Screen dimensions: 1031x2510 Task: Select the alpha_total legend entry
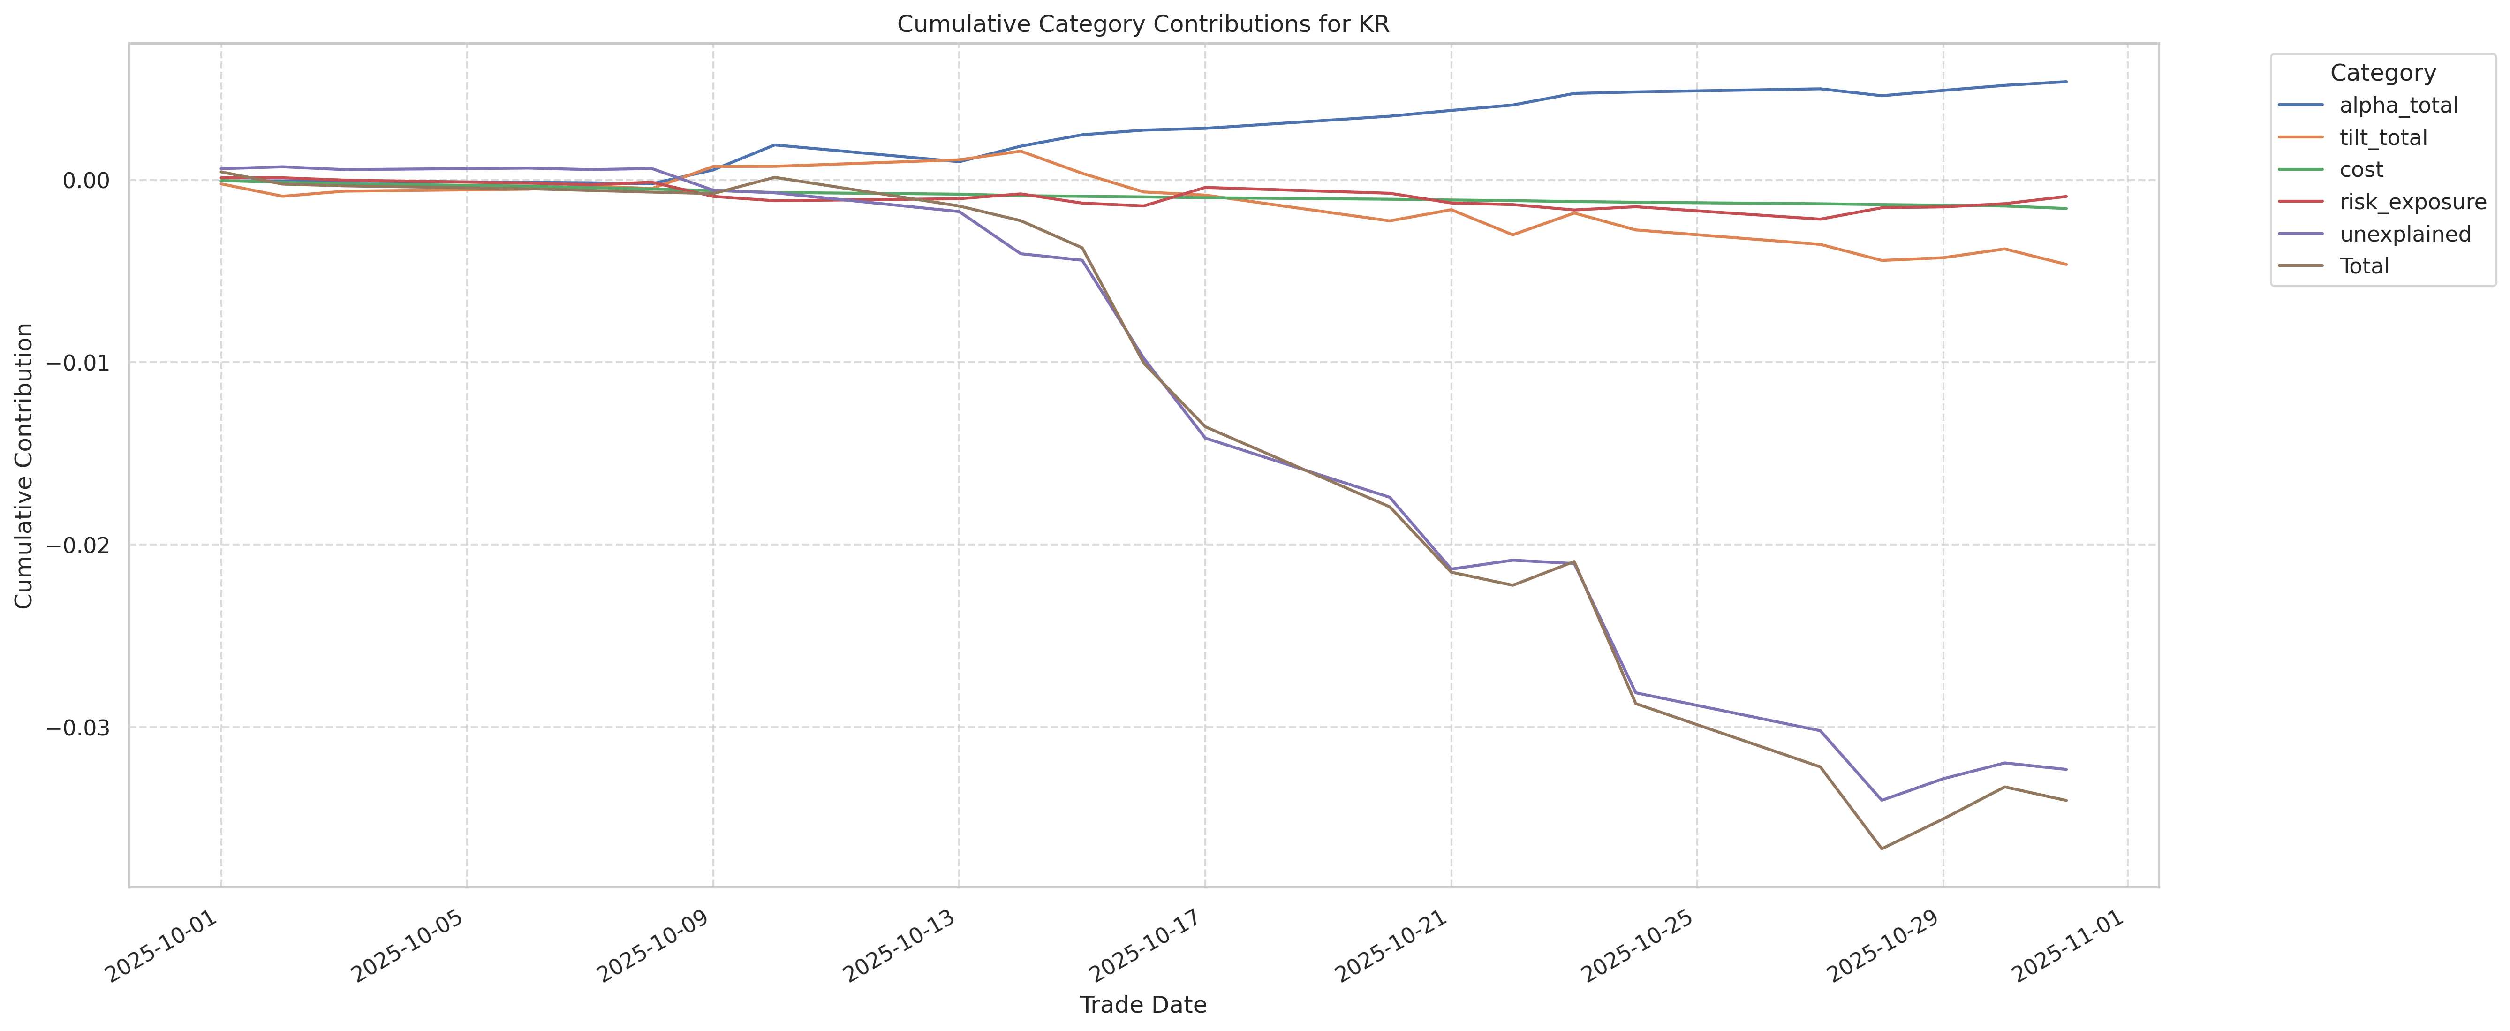[x=2398, y=105]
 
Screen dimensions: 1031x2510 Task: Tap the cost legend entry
[x=2361, y=169]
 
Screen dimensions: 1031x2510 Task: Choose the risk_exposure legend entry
[x=2412, y=202]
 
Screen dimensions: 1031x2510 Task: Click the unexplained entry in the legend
[x=2405, y=234]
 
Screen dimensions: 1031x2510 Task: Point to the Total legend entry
[x=2364, y=266]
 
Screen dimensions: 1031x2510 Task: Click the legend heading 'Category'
[x=2382, y=73]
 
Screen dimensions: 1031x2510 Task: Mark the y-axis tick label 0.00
[x=86, y=180]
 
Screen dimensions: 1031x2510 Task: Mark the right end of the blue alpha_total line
[x=2066, y=82]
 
